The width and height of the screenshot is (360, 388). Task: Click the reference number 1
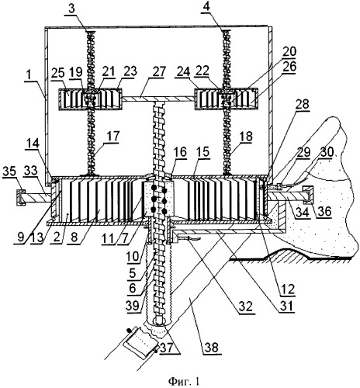[x=29, y=77]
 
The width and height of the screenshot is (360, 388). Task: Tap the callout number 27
[x=157, y=72]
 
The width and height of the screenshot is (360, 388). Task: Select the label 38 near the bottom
[x=212, y=346]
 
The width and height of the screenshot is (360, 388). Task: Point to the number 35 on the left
[x=10, y=171]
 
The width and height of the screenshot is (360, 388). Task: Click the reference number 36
[x=324, y=211]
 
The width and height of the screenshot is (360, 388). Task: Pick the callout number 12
[x=288, y=289]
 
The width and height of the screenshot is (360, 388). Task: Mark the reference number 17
[x=112, y=137]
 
